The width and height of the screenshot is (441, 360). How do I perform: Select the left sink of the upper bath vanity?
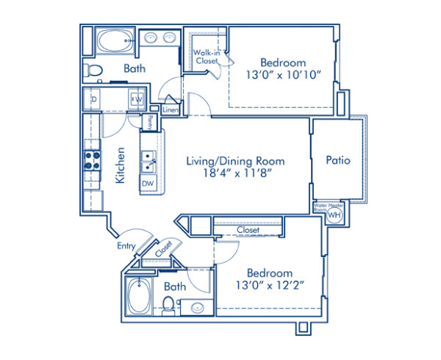click(x=150, y=37)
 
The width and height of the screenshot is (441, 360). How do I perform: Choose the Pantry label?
click(x=150, y=121)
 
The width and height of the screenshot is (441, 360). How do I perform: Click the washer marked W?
click(x=137, y=98)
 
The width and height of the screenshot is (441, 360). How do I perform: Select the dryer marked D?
click(x=95, y=98)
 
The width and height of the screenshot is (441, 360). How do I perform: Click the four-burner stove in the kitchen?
click(x=92, y=160)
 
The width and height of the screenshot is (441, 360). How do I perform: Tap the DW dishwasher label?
click(x=148, y=184)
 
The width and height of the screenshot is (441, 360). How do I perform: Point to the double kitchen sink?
click(x=148, y=156)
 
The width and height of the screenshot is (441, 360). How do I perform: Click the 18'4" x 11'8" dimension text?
click(x=234, y=174)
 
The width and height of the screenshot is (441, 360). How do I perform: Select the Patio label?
click(x=338, y=159)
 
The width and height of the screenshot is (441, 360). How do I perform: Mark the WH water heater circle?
click(x=334, y=215)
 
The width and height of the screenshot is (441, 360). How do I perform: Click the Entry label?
click(x=125, y=248)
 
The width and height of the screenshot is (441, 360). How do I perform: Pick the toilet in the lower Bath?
click(x=168, y=305)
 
